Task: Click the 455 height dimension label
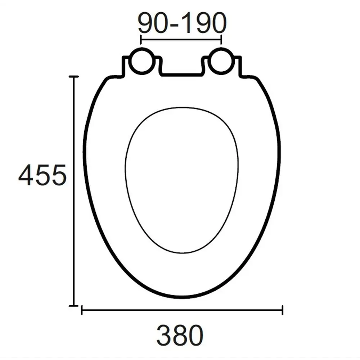coord(42,175)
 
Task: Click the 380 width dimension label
coord(180,335)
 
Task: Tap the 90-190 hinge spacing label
coord(182,24)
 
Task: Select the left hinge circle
coord(141,61)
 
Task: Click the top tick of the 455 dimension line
coord(74,77)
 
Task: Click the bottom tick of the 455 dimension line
coord(74,306)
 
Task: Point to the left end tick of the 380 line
coord(82,310)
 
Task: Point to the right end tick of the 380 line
coord(283,310)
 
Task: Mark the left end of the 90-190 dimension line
coord(141,39)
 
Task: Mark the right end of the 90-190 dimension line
coord(221,39)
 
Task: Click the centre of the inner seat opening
coord(182,180)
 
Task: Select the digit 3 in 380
coord(164,335)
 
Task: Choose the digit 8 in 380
coord(180,335)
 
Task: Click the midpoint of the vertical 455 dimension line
coord(74,191)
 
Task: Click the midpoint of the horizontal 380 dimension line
coord(182,310)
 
